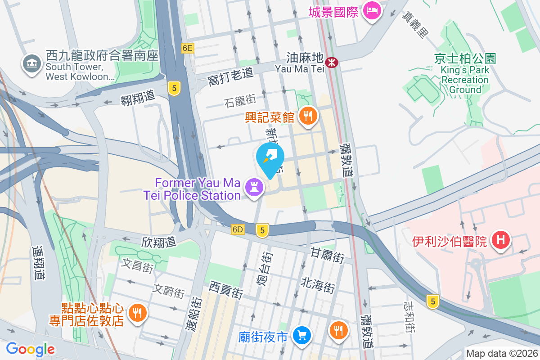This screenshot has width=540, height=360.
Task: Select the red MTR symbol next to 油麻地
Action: click(x=332, y=63)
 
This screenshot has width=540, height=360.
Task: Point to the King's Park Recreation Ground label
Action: click(x=465, y=74)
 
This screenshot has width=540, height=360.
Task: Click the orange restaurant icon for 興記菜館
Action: click(x=308, y=117)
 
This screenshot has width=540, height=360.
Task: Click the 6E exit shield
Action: click(x=188, y=48)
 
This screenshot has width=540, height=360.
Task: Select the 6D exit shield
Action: click(x=238, y=229)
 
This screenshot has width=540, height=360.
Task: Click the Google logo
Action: click(x=30, y=349)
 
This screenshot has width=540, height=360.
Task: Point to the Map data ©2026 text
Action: click(x=501, y=353)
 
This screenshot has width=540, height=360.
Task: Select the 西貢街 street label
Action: click(x=226, y=290)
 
